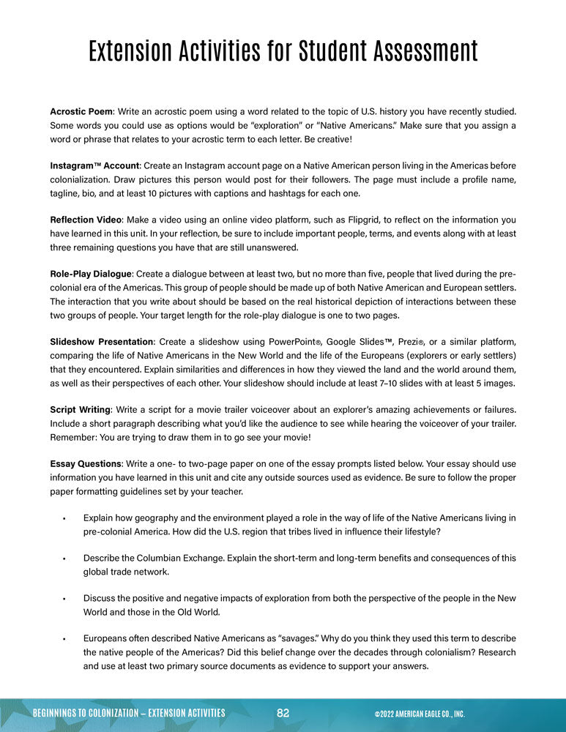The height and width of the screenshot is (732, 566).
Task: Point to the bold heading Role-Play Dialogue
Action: click(x=90, y=274)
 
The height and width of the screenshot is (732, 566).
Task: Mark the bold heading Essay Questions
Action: click(x=85, y=463)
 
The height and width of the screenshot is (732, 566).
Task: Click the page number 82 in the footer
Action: click(x=283, y=713)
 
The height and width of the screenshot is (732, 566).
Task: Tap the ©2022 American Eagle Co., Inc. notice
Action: click(x=419, y=714)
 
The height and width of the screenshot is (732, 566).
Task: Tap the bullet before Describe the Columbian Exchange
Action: click(x=65, y=559)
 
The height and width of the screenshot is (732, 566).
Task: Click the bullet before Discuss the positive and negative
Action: click(x=65, y=599)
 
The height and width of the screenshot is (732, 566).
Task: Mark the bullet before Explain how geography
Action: click(x=65, y=518)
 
